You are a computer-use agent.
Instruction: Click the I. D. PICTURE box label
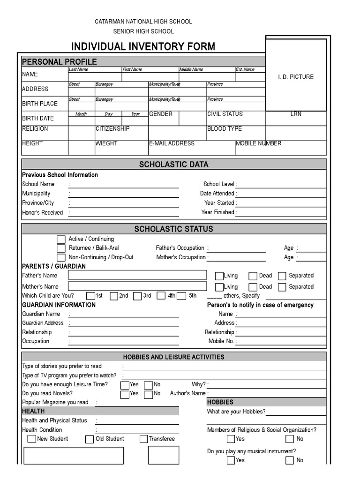295,77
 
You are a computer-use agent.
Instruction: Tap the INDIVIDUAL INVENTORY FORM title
143,46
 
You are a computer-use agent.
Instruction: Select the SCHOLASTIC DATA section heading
174,165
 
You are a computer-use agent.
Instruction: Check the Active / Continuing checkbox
61,240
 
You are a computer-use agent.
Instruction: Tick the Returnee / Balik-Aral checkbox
61,248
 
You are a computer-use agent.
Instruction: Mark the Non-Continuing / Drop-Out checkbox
61,257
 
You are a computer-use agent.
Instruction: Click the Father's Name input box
137,275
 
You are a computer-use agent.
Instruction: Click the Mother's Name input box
137,286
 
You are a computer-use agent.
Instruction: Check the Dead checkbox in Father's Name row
253,276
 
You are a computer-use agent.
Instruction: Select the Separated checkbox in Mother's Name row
282,287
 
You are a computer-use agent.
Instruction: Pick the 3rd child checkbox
137,296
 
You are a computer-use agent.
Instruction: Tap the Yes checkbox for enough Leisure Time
125,385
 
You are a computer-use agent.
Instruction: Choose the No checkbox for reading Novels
148,394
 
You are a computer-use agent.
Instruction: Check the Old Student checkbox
90,439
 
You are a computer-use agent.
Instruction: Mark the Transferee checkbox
143,439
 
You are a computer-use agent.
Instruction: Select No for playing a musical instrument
290,460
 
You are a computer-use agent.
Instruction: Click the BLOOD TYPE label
225,129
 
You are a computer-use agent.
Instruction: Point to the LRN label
296,114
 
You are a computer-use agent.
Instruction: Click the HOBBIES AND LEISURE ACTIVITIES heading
173,357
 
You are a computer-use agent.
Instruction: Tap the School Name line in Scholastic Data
124,185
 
